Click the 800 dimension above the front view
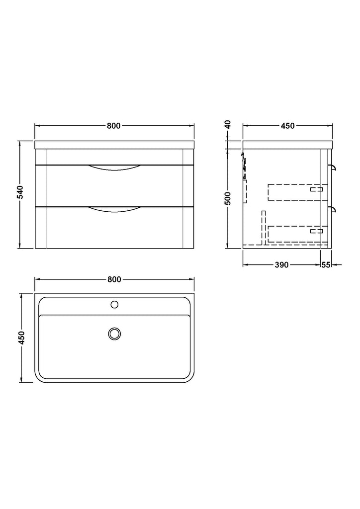(113, 126)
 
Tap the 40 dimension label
(228, 124)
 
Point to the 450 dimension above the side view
(287, 126)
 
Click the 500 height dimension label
(228, 198)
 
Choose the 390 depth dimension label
(281, 265)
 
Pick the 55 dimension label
(326, 265)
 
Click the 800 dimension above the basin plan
(114, 279)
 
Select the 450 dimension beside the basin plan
(21, 338)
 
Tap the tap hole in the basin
(114, 305)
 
